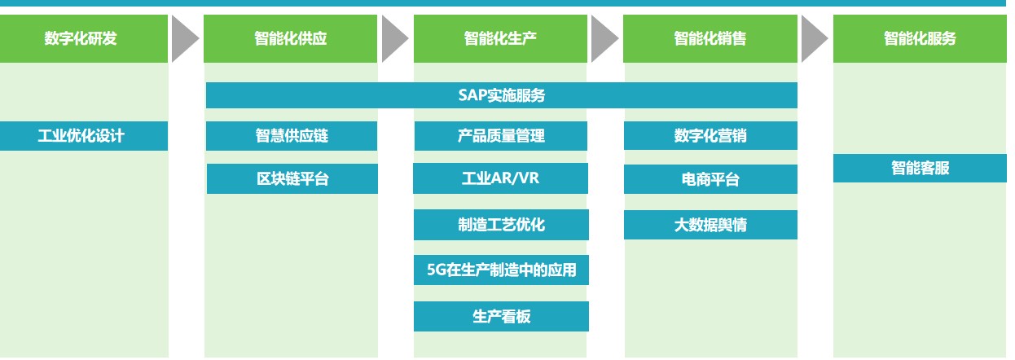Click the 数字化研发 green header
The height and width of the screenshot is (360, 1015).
(84, 38)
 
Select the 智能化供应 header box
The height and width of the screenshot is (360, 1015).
(290, 38)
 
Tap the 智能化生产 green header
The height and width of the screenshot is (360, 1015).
(500, 38)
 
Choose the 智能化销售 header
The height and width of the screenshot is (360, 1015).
(710, 38)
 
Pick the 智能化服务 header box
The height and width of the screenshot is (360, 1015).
(920, 38)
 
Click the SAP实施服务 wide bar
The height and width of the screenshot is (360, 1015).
(502, 95)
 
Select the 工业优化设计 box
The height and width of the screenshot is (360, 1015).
(84, 136)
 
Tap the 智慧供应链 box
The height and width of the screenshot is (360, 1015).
(292, 136)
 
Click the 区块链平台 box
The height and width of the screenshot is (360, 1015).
(292, 179)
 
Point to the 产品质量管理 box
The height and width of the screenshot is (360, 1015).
(501, 136)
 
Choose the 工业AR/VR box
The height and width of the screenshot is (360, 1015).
(500, 178)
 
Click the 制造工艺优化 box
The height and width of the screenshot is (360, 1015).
(501, 225)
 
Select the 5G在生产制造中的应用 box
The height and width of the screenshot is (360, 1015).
(501, 270)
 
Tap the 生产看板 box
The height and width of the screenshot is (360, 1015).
(501, 317)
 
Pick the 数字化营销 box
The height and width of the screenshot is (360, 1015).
(710, 135)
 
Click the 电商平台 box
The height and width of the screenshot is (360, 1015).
(710, 179)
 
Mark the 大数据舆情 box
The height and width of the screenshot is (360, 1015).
(710, 225)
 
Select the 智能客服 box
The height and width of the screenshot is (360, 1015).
(920, 168)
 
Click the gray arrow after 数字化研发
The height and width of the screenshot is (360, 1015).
(183, 39)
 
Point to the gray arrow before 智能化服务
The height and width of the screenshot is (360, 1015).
(813, 39)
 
